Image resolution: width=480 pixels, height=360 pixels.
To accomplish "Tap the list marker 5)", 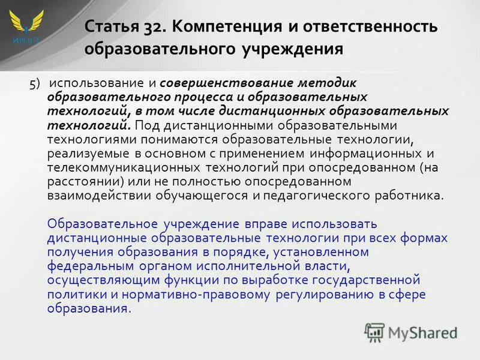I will [x=35, y=83].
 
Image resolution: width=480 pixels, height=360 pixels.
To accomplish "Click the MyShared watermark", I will [x=411, y=331].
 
